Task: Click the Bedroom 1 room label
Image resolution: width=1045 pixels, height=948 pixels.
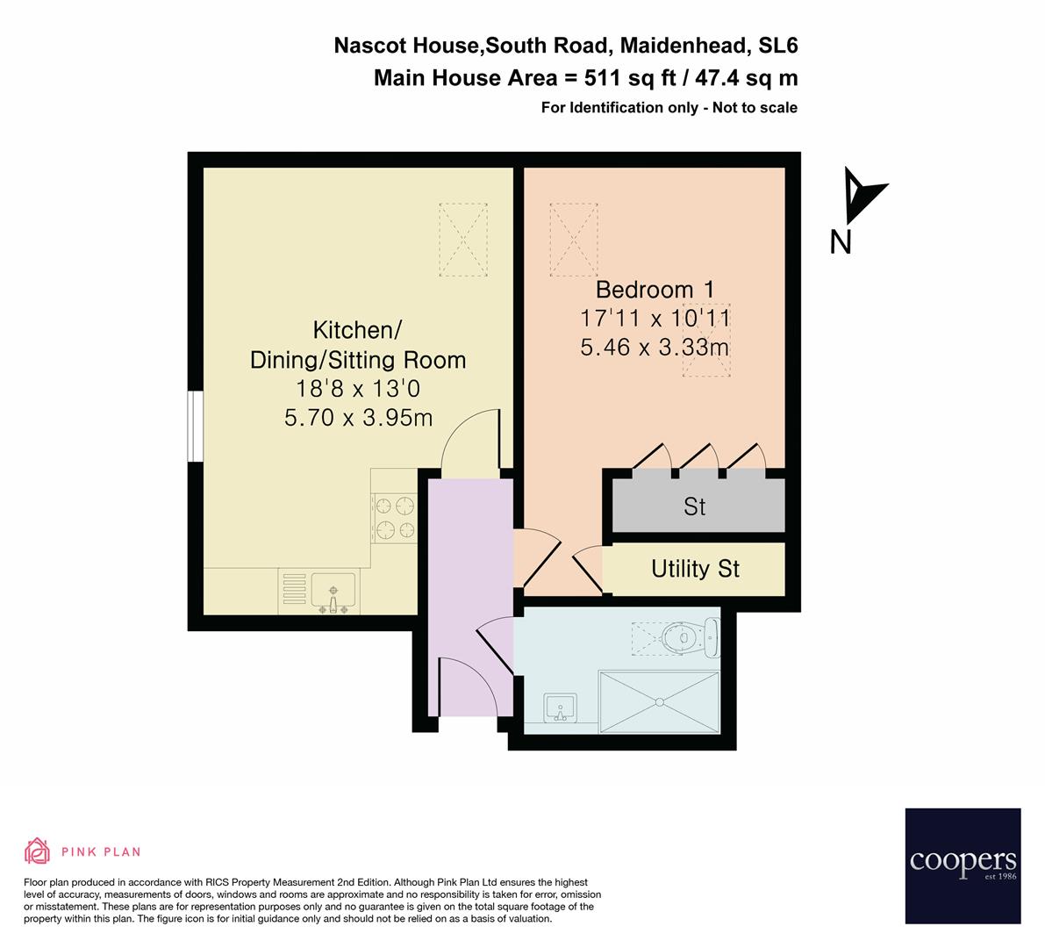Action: (655, 289)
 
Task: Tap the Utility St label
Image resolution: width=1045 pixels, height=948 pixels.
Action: (695, 569)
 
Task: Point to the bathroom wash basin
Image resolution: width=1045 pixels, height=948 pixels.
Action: (560, 707)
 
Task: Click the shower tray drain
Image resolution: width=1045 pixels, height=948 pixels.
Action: (659, 701)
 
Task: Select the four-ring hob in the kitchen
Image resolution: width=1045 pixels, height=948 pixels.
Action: (393, 517)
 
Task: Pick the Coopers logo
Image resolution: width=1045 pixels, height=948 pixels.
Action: (963, 865)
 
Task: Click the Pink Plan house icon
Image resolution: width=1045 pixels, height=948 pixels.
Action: (38, 851)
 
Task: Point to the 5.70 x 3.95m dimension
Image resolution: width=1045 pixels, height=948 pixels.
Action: (358, 418)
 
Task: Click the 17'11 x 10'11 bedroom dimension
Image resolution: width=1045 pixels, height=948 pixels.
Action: (655, 318)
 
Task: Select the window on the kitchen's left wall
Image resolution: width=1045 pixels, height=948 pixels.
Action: (197, 426)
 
